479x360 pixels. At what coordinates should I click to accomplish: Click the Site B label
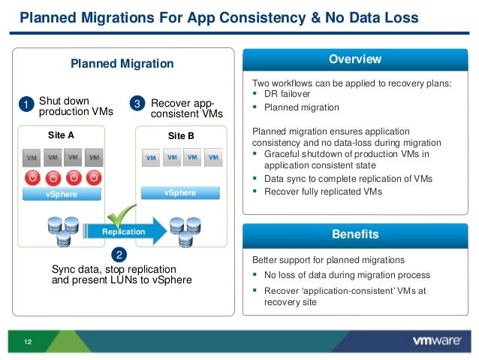[180, 137]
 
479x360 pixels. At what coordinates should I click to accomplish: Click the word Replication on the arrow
[123, 232]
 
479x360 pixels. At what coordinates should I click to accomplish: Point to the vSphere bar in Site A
[62, 194]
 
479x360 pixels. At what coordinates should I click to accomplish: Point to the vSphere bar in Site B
[180, 193]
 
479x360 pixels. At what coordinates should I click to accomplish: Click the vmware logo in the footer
[436, 340]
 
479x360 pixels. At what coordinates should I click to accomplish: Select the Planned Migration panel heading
[122, 65]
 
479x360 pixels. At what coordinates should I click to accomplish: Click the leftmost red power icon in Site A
[32, 178]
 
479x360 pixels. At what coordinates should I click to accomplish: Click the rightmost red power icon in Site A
[93, 178]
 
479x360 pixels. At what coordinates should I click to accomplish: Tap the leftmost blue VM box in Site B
[151, 158]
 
